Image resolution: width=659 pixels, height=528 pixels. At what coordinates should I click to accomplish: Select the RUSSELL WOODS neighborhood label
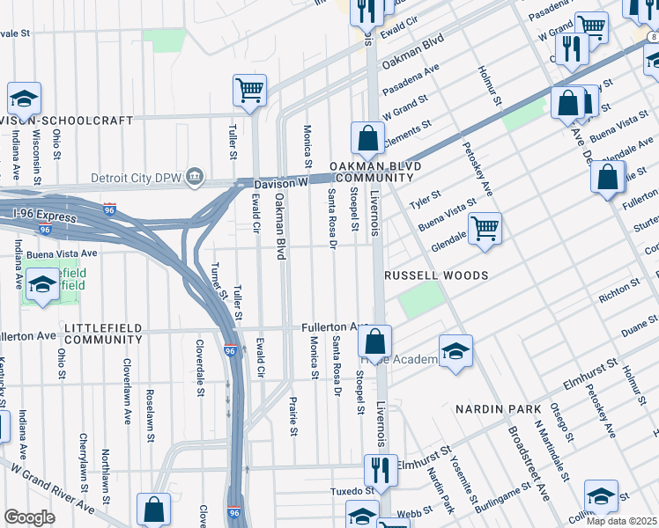[436, 275]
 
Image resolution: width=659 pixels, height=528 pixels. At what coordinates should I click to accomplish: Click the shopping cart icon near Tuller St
[250, 90]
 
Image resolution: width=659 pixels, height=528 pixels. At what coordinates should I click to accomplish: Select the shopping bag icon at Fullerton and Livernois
[375, 341]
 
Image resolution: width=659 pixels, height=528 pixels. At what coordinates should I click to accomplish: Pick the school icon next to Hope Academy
[455, 350]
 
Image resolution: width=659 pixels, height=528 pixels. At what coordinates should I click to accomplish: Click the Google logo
[29, 517]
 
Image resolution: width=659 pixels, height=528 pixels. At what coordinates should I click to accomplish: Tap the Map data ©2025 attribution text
[621, 521]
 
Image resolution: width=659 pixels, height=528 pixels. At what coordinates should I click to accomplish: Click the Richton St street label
[617, 287]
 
